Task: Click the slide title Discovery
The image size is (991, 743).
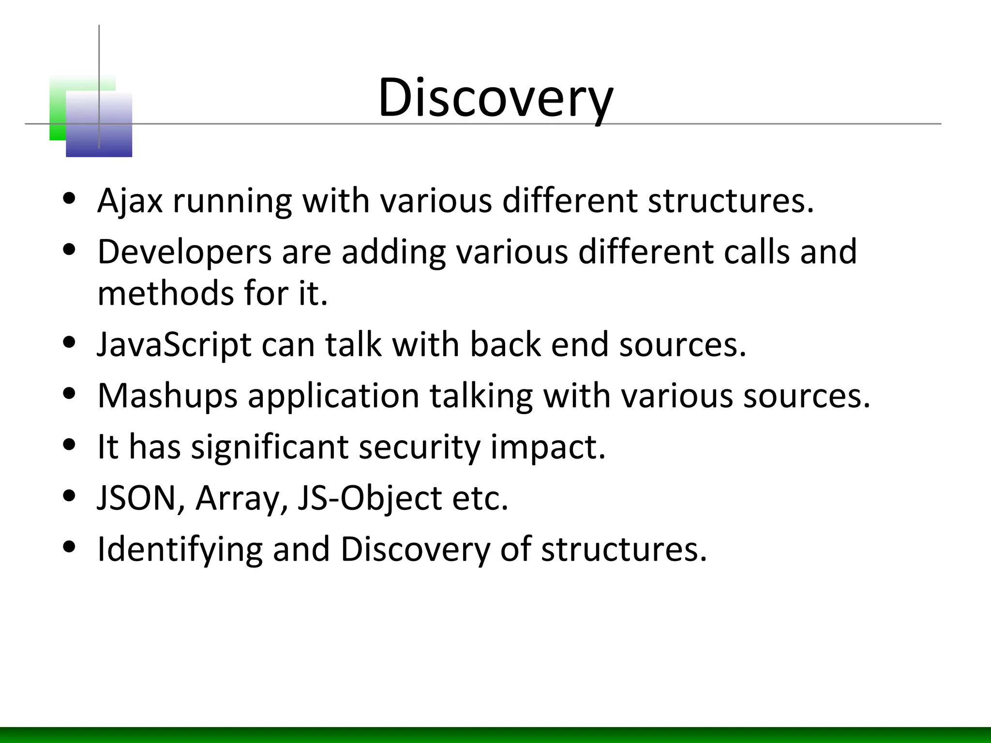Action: pos(495,98)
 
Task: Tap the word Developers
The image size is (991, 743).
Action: pos(184,252)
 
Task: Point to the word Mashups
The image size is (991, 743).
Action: pos(167,396)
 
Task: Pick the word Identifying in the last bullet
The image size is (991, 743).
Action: pos(180,550)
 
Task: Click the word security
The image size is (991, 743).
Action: pos(420,446)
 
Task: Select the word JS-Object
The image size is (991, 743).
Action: pos(369,498)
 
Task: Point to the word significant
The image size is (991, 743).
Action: pos(270,446)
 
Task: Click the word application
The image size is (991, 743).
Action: pos(333,396)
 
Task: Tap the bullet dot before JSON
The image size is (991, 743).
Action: pos(70,496)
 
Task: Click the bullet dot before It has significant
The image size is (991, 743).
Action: pos(70,445)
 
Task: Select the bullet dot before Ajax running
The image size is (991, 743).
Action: pos(70,198)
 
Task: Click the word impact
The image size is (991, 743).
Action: pos(548,446)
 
